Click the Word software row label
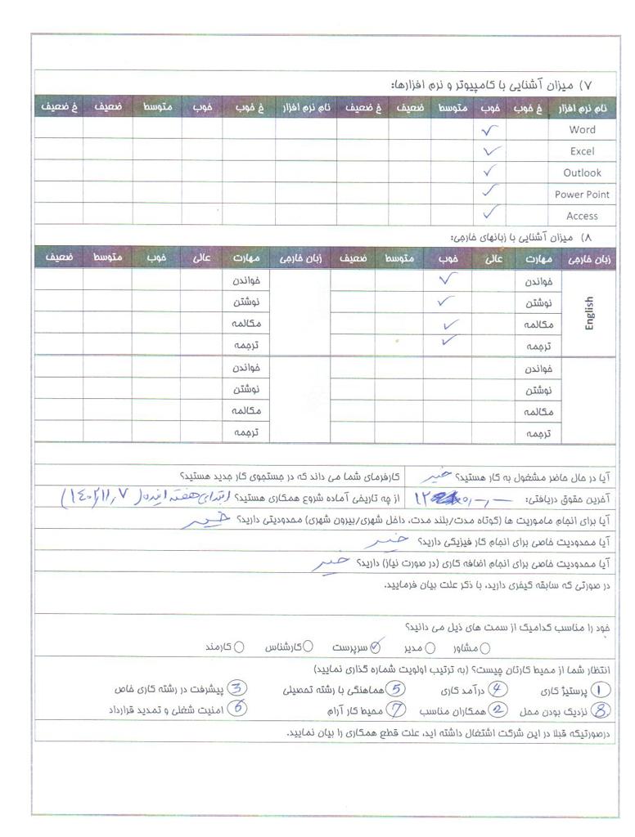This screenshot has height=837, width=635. coord(583,130)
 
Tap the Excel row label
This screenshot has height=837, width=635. coord(582,151)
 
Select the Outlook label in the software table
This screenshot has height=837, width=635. coord(582,172)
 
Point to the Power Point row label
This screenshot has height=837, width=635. coord(581,195)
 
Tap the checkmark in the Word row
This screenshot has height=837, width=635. coord(489,129)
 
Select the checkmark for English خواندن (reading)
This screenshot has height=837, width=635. coord(448,280)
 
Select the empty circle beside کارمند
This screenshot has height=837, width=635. coord(239,648)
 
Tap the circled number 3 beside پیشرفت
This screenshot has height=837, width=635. coord(237,689)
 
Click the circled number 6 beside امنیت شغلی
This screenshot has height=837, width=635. coord(236,709)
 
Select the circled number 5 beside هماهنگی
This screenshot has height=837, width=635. coord(397,689)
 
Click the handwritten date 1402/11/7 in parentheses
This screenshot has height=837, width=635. coord(115,496)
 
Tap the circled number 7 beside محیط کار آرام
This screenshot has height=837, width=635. coord(397,709)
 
